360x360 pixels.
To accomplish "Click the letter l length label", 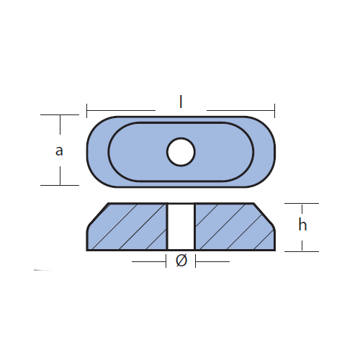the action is click(181, 102).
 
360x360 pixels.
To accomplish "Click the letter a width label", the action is click(59, 151).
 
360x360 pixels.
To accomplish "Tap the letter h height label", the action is click(302, 225).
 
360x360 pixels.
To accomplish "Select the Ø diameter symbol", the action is click(181, 261).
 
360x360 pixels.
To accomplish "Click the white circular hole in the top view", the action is click(181, 152).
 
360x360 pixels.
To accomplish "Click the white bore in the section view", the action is click(181, 227).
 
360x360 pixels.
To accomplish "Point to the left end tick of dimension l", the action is click(87, 111).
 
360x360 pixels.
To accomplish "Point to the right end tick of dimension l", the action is click(274, 111).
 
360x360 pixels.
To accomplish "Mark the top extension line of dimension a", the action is click(60, 114).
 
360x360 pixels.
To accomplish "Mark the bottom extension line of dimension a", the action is click(60, 185).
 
